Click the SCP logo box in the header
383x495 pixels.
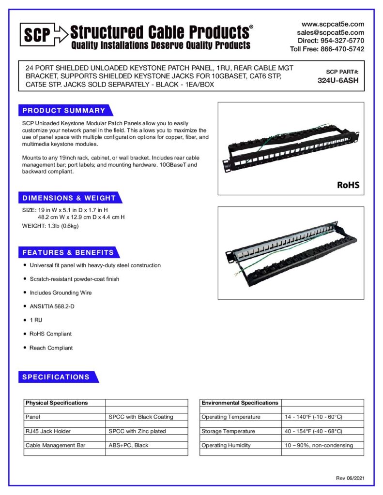[36, 35]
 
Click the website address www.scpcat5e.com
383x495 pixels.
[333, 24]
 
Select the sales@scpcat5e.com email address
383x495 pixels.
[331, 32]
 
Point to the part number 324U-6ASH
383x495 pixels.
[338, 81]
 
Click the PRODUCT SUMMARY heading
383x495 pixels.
[63, 111]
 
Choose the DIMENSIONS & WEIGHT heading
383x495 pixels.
[69, 198]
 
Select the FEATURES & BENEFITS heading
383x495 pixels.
[68, 252]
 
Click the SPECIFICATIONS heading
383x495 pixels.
[56, 377]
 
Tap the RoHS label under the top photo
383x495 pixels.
[348, 185]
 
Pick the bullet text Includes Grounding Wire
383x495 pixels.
[61, 292]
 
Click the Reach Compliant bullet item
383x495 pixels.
[51, 348]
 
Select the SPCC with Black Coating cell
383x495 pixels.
[141, 417]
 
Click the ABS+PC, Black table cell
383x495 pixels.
[128, 445]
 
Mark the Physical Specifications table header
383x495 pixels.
[57, 403]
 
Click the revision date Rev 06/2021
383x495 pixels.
[350, 478]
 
